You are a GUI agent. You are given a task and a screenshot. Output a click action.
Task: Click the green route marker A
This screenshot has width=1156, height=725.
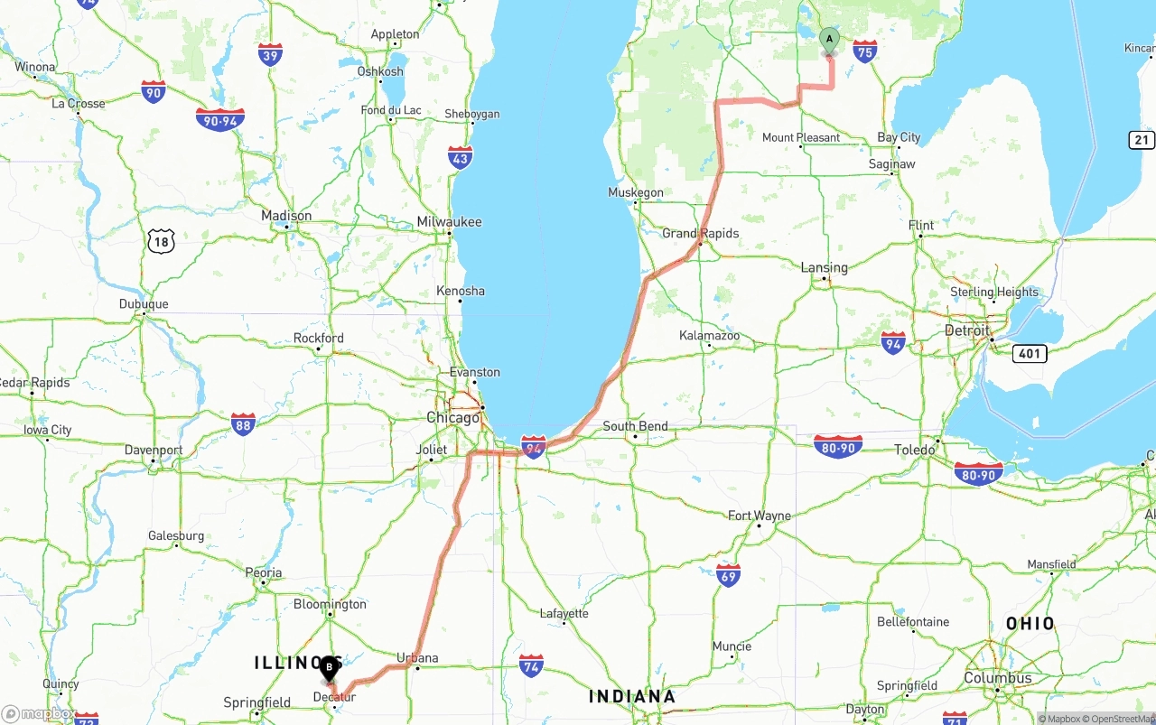(829, 40)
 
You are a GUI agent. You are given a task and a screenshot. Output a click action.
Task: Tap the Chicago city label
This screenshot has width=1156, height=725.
(453, 418)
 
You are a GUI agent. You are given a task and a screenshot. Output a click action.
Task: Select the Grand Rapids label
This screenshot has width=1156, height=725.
(701, 233)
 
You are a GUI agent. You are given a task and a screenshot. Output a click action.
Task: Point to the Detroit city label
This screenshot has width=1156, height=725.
(967, 330)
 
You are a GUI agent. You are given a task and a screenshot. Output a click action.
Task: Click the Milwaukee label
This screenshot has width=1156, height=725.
(449, 222)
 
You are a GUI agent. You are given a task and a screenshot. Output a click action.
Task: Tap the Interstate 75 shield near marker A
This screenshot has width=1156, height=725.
(865, 51)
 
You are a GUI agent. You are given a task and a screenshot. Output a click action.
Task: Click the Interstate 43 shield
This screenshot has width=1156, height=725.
(461, 158)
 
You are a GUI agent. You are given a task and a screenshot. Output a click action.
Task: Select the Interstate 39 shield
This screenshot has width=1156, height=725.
(270, 54)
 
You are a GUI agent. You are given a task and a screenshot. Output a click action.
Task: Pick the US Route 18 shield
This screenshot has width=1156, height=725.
(161, 240)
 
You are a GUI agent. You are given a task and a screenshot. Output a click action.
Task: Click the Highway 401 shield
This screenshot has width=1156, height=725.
(1030, 353)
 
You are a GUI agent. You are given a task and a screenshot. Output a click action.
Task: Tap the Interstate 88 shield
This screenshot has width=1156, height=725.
(242, 423)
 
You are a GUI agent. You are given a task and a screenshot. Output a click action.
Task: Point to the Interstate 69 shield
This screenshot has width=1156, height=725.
(729, 575)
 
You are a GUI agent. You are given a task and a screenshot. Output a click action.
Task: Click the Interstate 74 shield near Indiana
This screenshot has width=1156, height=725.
(531, 666)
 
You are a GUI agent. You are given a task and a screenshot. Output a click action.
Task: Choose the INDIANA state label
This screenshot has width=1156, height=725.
(632, 696)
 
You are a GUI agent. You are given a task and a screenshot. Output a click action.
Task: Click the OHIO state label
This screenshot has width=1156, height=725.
(1030, 623)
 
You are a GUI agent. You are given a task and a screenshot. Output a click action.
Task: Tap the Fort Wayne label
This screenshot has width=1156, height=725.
(760, 516)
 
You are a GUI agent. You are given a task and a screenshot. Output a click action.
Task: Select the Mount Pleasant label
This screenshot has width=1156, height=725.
(801, 138)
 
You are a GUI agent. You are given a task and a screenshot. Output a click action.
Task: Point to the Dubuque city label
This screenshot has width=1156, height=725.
(144, 304)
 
